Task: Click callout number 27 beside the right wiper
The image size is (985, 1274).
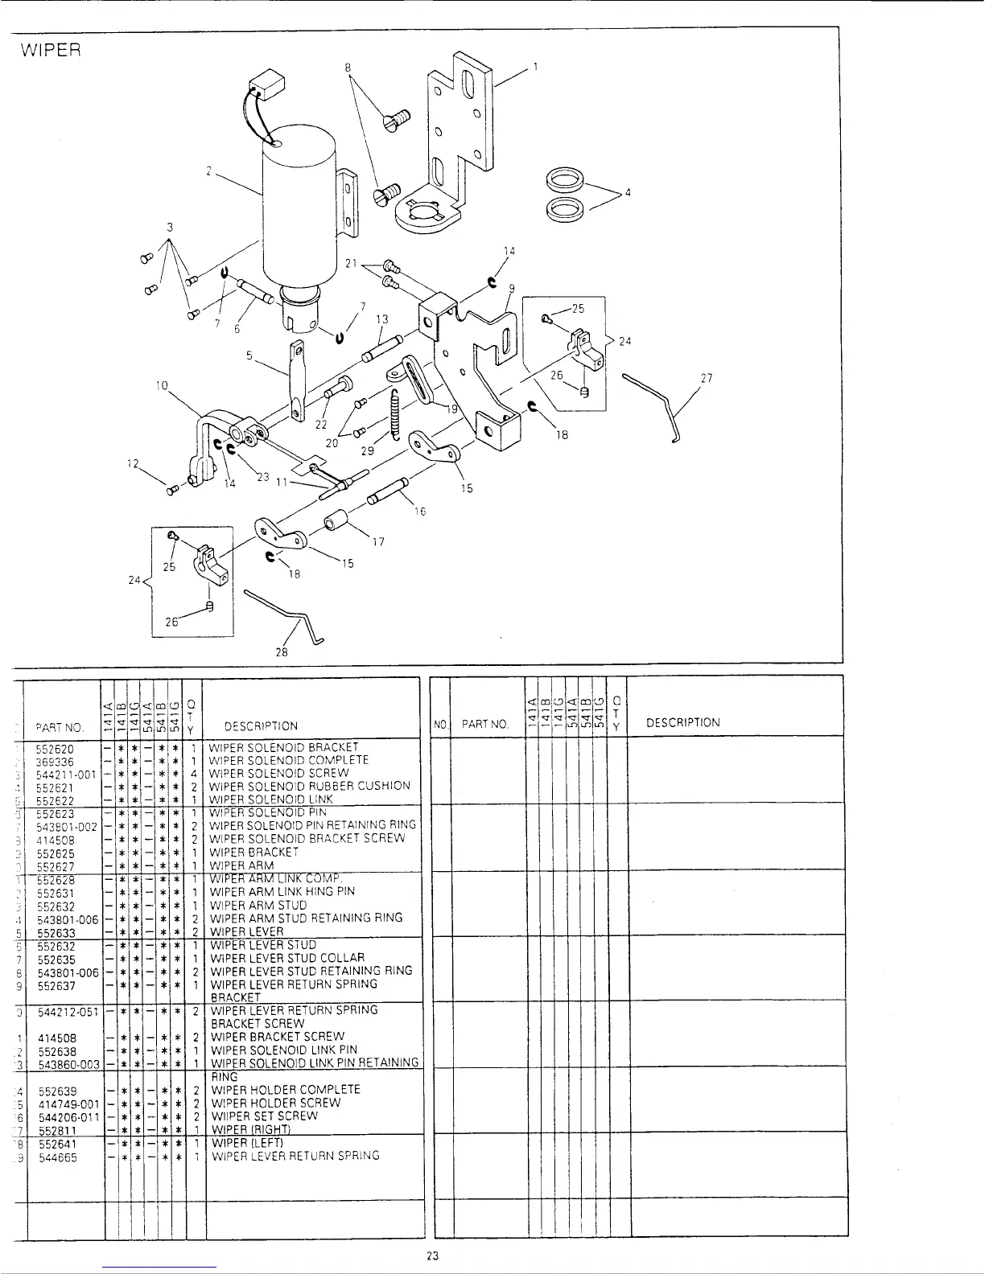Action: [x=707, y=379]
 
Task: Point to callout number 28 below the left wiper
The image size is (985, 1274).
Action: [x=282, y=652]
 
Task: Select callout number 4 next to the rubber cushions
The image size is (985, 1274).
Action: [x=628, y=192]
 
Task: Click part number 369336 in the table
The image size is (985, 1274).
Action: [x=56, y=761]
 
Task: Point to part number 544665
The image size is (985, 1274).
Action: [x=56, y=1157]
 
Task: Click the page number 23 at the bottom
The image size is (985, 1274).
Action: [x=432, y=1257]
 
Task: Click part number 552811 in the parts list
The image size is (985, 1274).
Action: [x=56, y=1129]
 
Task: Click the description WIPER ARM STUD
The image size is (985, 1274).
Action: [x=258, y=905]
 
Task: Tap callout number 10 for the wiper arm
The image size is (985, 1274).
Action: [x=162, y=385]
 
